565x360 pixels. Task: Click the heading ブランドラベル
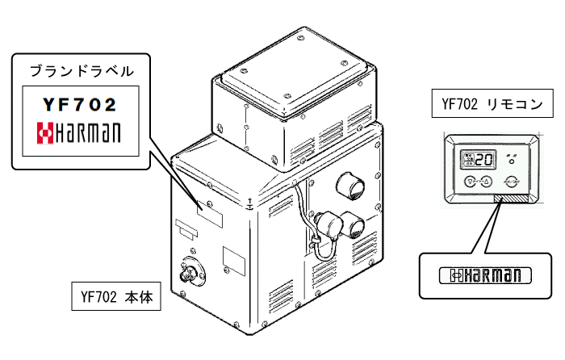82,71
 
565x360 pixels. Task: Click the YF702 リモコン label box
491,104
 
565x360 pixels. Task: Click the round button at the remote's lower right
510,182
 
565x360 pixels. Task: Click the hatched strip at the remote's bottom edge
509,198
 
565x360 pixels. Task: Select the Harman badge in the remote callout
485,276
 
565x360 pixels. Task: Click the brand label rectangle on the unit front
211,214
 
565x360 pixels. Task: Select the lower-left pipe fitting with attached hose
326,224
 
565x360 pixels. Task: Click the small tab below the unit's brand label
186,232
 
